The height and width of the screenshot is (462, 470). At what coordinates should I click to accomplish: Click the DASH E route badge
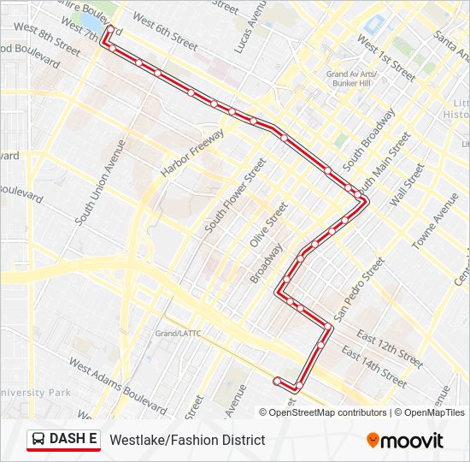click(x=64, y=440)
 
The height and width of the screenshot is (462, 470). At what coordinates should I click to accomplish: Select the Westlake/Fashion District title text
click(x=187, y=440)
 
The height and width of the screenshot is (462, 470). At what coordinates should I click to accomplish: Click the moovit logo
click(x=405, y=441)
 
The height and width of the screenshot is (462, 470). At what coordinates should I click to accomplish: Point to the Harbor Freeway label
click(x=192, y=153)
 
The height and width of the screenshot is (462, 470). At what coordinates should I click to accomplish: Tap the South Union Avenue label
click(x=100, y=183)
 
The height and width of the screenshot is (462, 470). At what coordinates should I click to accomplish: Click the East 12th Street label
click(x=389, y=348)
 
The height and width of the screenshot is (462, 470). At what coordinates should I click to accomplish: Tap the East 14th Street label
click(x=373, y=366)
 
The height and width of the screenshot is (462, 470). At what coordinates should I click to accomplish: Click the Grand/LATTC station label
click(x=177, y=333)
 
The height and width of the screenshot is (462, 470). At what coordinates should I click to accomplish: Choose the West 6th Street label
click(x=166, y=28)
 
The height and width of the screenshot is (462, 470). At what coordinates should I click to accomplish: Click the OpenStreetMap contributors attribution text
click(x=327, y=412)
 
